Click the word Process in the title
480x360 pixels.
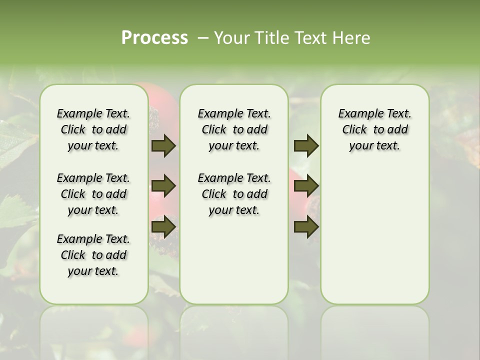point(154,37)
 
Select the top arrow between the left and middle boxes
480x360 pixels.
point(163,146)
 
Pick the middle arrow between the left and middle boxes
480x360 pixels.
point(163,186)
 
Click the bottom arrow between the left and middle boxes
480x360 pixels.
point(163,227)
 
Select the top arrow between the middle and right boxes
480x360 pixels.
point(306,146)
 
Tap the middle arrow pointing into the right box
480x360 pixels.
point(306,186)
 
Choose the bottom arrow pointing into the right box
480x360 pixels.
point(306,227)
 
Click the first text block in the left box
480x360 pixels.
point(93,129)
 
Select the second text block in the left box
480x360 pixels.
point(93,194)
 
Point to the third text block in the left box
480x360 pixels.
point(93,255)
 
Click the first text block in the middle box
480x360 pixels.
point(234,129)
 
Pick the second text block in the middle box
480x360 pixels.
point(234,194)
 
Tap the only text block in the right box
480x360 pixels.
point(375,129)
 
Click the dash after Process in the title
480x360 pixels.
point(203,38)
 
